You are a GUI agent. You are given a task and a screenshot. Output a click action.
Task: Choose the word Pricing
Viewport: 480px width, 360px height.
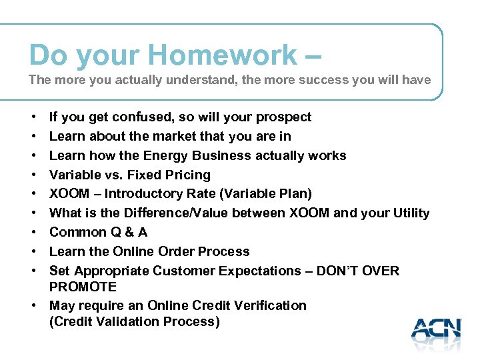(190, 175)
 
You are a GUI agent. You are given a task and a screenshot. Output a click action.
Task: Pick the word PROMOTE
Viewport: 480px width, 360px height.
(83, 287)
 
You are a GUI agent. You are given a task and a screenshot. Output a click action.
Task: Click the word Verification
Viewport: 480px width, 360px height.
(269, 306)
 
